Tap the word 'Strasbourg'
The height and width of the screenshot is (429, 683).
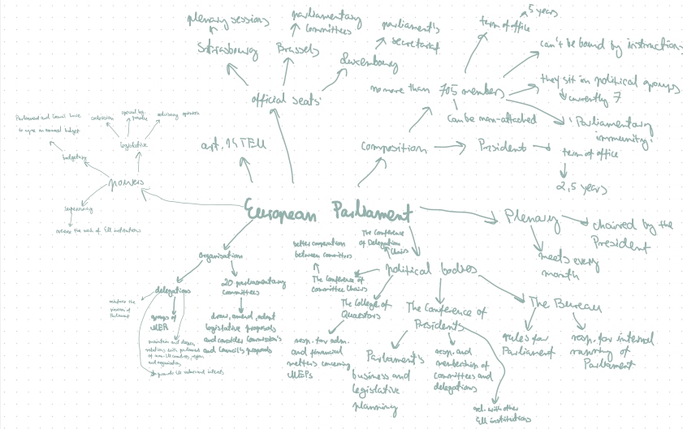point(227,49)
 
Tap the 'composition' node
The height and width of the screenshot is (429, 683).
point(393,148)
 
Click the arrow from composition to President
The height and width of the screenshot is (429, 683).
point(450,148)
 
